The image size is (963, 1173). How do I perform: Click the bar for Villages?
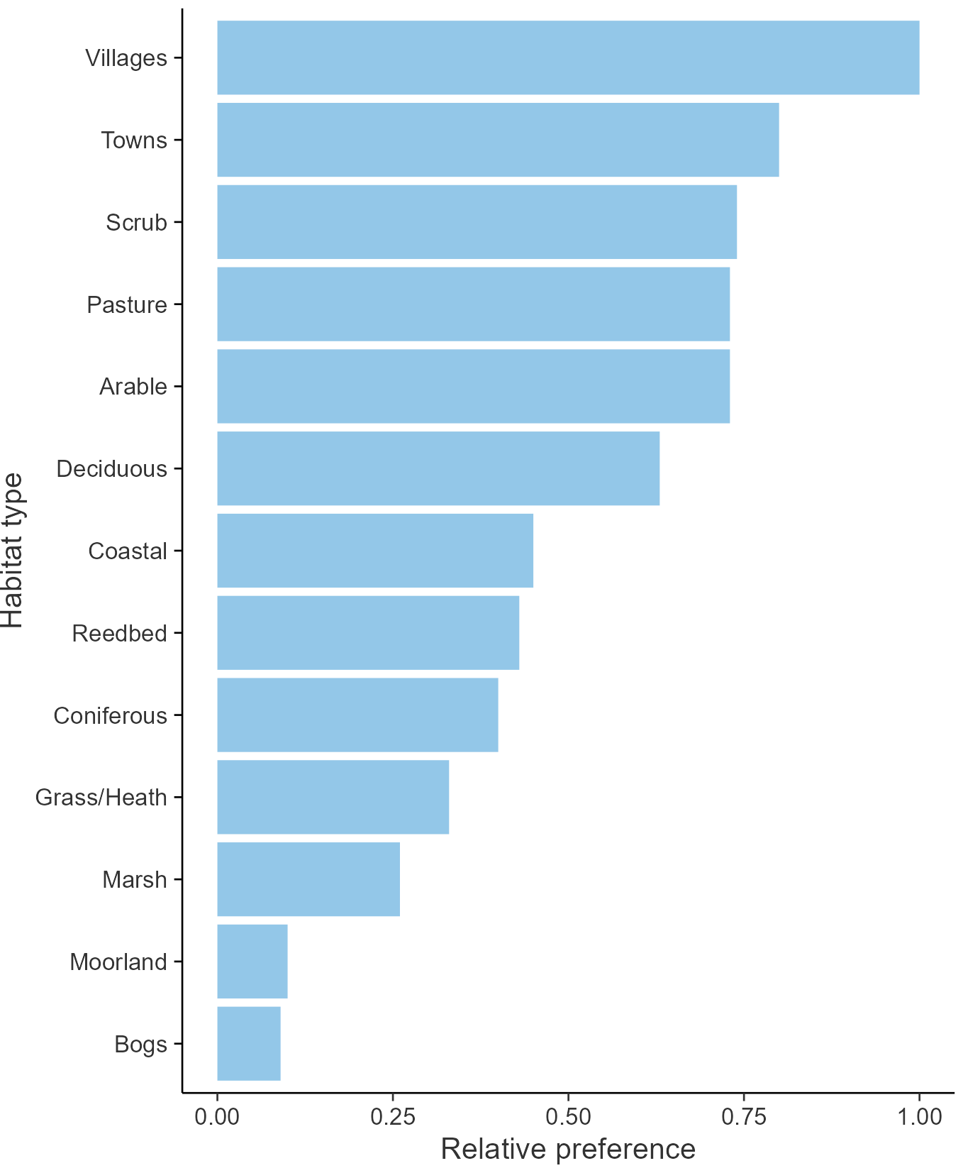[x=568, y=57]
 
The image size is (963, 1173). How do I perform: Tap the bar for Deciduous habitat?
[x=438, y=468]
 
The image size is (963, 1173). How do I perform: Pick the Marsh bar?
[x=308, y=879]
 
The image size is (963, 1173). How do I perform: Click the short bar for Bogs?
[x=249, y=1043]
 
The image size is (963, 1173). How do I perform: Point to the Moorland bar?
[x=252, y=962]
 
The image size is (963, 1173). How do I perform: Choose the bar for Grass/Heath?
[x=333, y=797]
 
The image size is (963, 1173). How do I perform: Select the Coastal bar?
[x=375, y=551]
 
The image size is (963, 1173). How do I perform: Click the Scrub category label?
[x=136, y=222]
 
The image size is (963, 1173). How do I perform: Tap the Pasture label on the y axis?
[x=127, y=304]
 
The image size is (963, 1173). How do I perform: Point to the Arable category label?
[x=133, y=387]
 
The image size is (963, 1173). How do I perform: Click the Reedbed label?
[x=119, y=633]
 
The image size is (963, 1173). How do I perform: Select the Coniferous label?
[x=111, y=715]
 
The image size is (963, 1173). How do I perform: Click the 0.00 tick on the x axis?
[x=217, y=1116]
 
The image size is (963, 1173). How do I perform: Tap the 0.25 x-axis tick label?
[x=393, y=1116]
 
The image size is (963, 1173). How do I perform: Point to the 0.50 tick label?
[x=568, y=1116]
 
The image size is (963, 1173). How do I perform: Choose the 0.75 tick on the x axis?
[x=744, y=1116]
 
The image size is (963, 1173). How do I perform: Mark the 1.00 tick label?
[x=920, y=1116]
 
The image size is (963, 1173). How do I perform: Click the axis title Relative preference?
[x=568, y=1149]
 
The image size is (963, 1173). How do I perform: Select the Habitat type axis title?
[x=13, y=551]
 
